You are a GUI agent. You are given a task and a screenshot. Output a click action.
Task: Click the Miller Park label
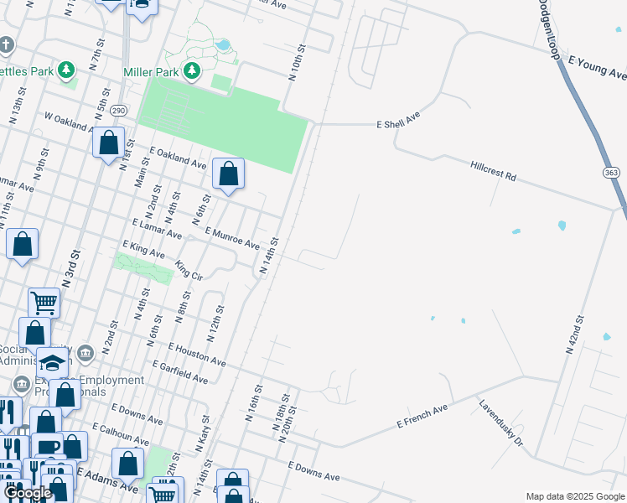pyautogui.click(x=150, y=72)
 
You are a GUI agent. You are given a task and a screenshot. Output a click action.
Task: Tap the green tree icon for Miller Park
pyautogui.click(x=193, y=71)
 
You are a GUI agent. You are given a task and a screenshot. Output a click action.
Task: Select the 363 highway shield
pyautogui.click(x=609, y=172)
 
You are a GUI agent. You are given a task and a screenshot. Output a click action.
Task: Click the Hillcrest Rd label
pyautogui.click(x=493, y=172)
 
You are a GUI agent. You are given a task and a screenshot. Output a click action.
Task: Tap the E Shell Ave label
pyautogui.click(x=397, y=123)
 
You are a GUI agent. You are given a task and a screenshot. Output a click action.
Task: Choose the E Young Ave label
pyautogui.click(x=597, y=68)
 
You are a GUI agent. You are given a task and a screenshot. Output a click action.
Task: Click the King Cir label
pyautogui.click(x=189, y=271)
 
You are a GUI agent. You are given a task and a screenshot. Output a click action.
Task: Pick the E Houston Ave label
pyautogui.click(x=196, y=355)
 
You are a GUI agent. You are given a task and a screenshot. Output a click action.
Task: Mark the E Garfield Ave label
pyautogui.click(x=179, y=372)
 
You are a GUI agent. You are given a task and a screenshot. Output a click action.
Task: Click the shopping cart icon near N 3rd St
pyautogui.click(x=44, y=303)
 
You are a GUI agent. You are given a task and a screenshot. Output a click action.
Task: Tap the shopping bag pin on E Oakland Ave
pyautogui.click(x=228, y=174)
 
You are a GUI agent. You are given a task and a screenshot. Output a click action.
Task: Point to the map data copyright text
pyautogui.click(x=575, y=496)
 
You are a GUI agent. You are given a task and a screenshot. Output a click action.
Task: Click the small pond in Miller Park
pyautogui.click(x=223, y=44)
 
